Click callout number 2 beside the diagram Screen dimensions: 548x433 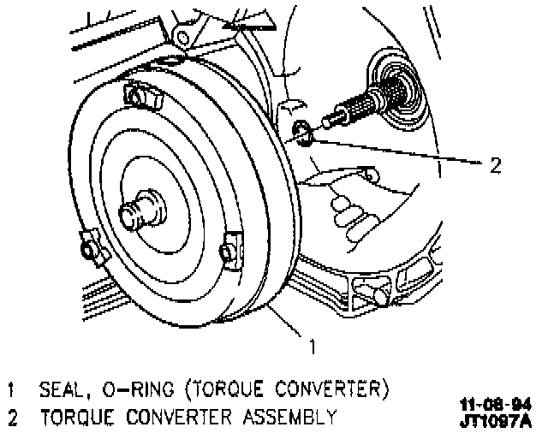point(494,163)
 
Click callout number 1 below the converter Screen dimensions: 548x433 point(313,347)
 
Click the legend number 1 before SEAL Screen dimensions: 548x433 point(12,389)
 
